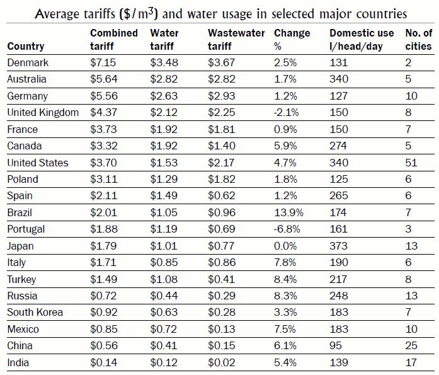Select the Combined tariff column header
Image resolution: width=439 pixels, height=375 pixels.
coord(113,39)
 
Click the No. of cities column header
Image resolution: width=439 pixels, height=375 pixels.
coord(418,39)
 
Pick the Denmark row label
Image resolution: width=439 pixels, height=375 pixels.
coord(28,63)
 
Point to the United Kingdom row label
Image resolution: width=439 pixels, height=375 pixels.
coord(43,113)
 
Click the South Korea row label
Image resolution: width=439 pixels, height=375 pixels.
coord(35,313)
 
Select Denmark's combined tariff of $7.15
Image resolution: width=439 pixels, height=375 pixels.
coord(103,63)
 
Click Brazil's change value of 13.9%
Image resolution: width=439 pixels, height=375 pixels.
coord(289,212)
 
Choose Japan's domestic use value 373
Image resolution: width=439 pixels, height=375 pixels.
coord(338,246)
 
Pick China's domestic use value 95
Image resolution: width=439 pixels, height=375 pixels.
coord(336,346)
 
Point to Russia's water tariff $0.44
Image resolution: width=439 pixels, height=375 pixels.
coord(163,296)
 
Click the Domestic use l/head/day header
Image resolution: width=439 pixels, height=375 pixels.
coord(361,39)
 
